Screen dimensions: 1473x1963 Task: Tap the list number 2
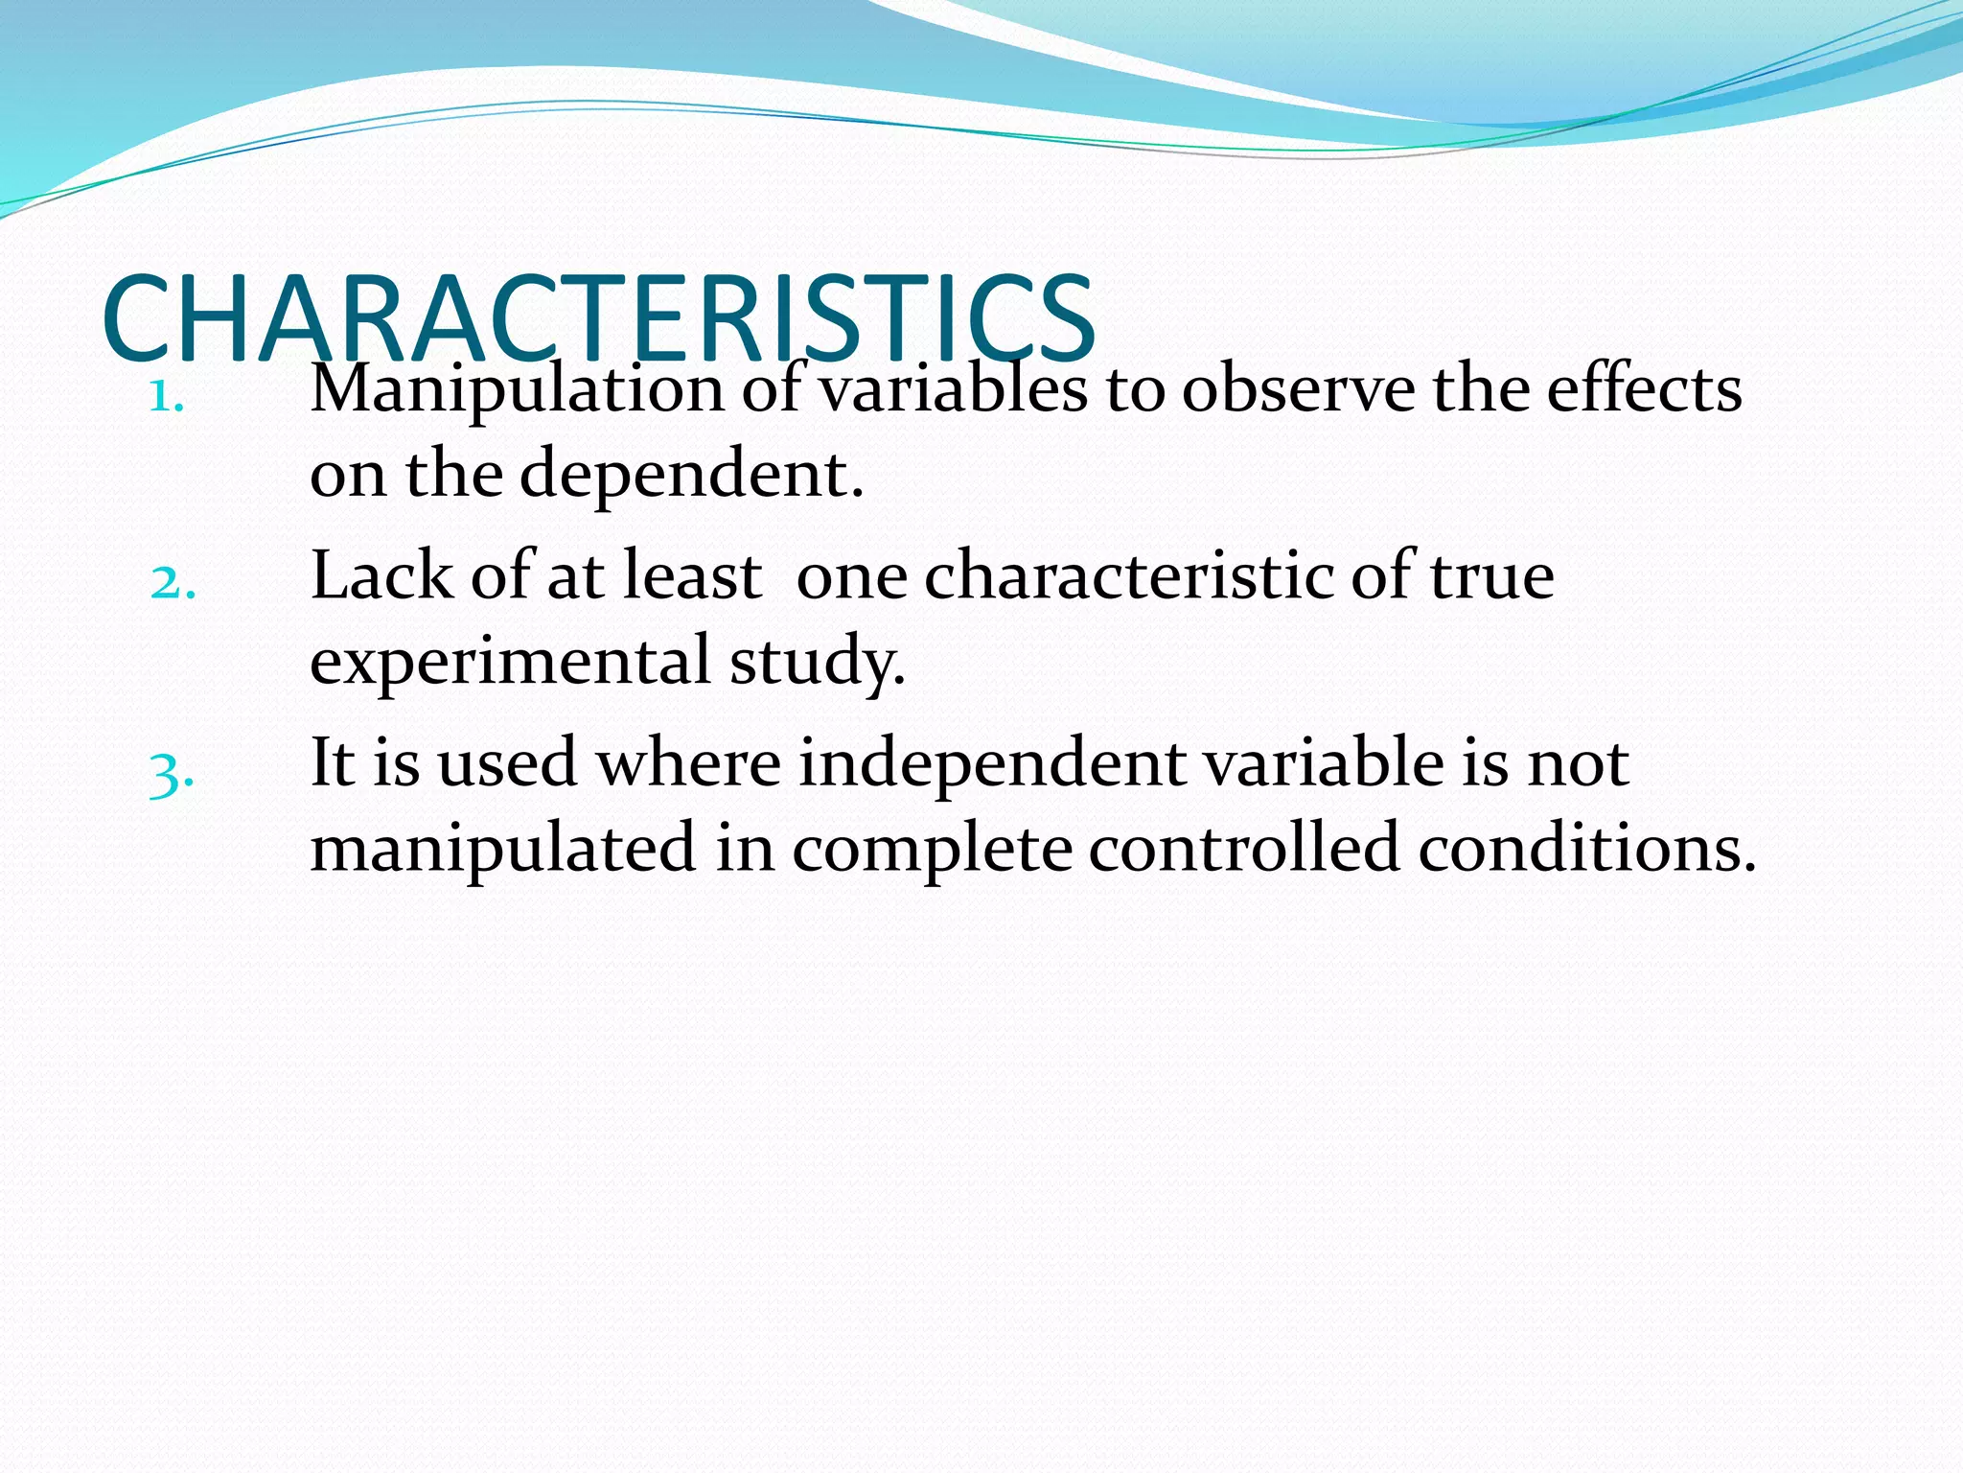pyautogui.click(x=173, y=582)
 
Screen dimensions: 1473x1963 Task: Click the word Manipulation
pyautogui.click(x=517, y=391)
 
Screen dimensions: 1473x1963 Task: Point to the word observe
pyautogui.click(x=1298, y=391)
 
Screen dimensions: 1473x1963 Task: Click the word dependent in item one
pyautogui.click(x=690, y=474)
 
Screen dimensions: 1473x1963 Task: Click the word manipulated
pyautogui.click(x=503, y=850)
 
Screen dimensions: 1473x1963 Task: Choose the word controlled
pyautogui.click(x=1244, y=848)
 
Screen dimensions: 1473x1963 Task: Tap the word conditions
pyautogui.click(x=1586, y=848)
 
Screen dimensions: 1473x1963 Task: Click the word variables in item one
pyautogui.click(x=955, y=389)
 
